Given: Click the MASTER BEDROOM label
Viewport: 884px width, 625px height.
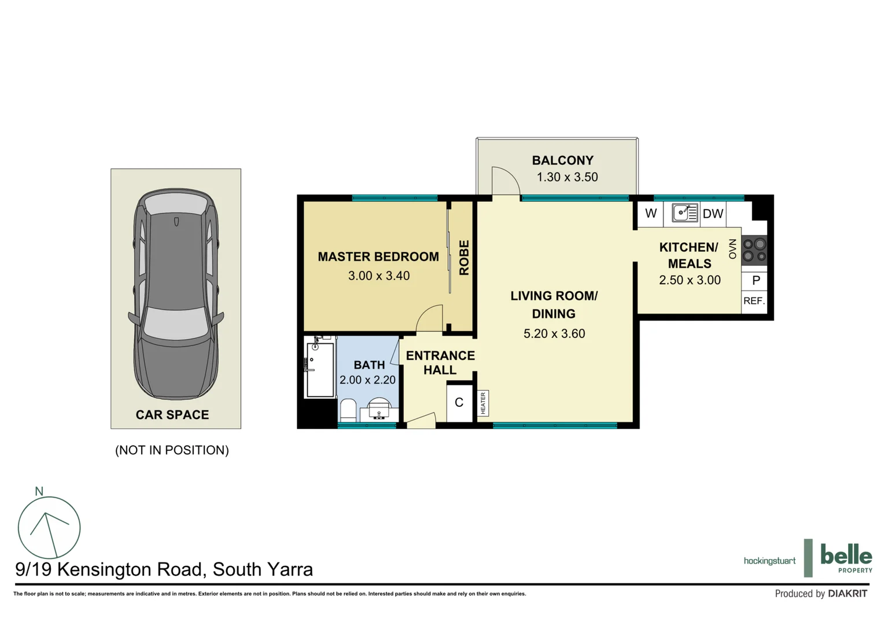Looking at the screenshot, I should click(x=378, y=256).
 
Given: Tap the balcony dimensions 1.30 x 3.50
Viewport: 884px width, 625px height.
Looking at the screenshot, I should click(x=567, y=177).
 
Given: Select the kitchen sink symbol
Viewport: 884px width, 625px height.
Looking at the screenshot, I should click(x=684, y=213).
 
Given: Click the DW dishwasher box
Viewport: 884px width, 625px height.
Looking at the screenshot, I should click(x=713, y=214).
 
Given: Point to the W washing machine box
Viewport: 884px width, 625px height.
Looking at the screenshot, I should click(x=651, y=214).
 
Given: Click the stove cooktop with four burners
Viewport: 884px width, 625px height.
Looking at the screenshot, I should click(x=754, y=250).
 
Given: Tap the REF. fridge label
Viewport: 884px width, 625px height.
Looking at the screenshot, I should click(x=754, y=301).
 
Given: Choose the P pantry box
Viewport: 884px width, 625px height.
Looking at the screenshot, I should click(x=756, y=281).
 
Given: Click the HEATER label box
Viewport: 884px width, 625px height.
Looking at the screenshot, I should click(x=483, y=403).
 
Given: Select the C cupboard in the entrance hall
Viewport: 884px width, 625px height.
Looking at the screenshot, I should click(x=459, y=402).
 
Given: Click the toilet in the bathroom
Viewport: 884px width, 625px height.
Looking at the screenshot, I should click(x=348, y=410).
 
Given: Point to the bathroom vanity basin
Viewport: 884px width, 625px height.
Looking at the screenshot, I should click(x=380, y=410).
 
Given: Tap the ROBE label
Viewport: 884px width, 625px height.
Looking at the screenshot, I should click(x=464, y=258).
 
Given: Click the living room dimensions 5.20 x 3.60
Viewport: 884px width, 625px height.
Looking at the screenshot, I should click(x=554, y=333).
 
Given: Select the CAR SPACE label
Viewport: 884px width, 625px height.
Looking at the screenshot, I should click(x=172, y=414).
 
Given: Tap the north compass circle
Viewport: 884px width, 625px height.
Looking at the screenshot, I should click(x=49, y=527).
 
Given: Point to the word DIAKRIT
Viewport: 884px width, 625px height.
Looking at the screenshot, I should click(x=848, y=594).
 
